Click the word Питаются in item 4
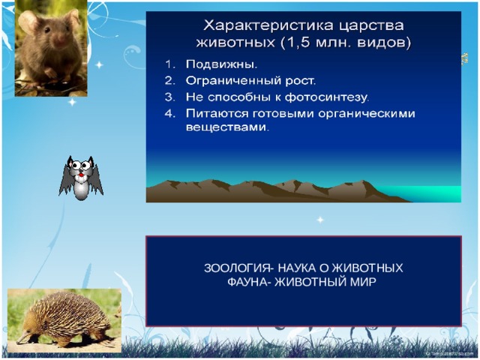click(x=214, y=113)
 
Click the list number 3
click(x=169, y=97)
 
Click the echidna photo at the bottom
click(x=63, y=318)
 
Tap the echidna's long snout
click(x=22, y=336)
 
